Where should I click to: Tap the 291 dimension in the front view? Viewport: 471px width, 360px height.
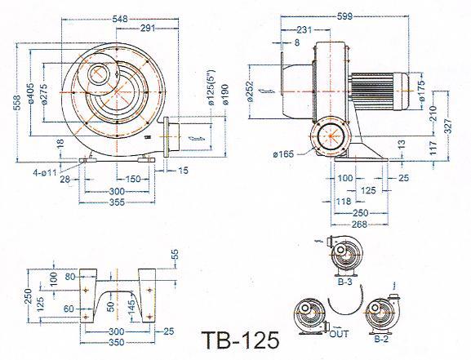(x=148, y=28)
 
